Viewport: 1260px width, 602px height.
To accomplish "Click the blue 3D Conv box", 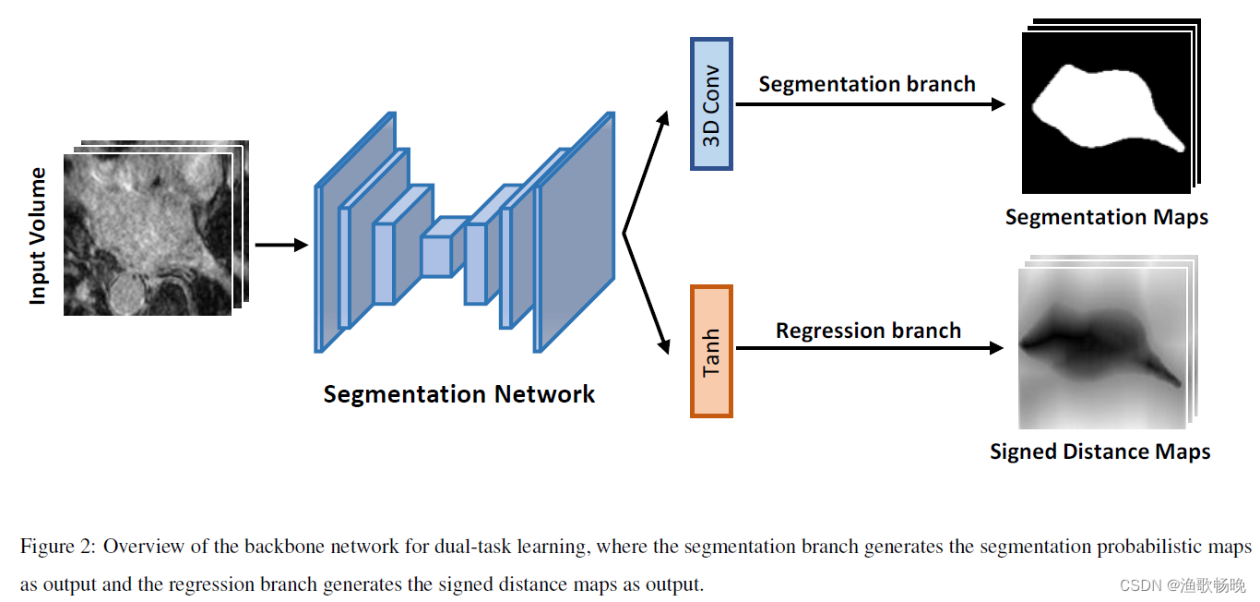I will click(711, 103).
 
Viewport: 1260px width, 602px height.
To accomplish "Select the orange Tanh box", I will click(711, 351).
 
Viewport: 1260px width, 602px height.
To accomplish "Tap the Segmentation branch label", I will click(866, 84).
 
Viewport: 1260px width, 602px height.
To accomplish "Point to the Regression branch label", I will click(868, 331).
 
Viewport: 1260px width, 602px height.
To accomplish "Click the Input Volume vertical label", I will click(37, 235).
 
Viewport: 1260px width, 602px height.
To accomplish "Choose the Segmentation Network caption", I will click(458, 394).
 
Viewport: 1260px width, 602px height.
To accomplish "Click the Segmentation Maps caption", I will click(1106, 217).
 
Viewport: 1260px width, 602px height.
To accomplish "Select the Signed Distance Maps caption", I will click(1100, 451).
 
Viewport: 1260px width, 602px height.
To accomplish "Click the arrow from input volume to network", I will click(280, 245).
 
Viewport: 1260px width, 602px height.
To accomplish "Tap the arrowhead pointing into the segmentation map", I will click(998, 104).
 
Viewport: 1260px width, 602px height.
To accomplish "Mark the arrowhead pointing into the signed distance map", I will click(996, 348).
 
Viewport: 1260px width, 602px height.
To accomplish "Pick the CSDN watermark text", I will click(1182, 585).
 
